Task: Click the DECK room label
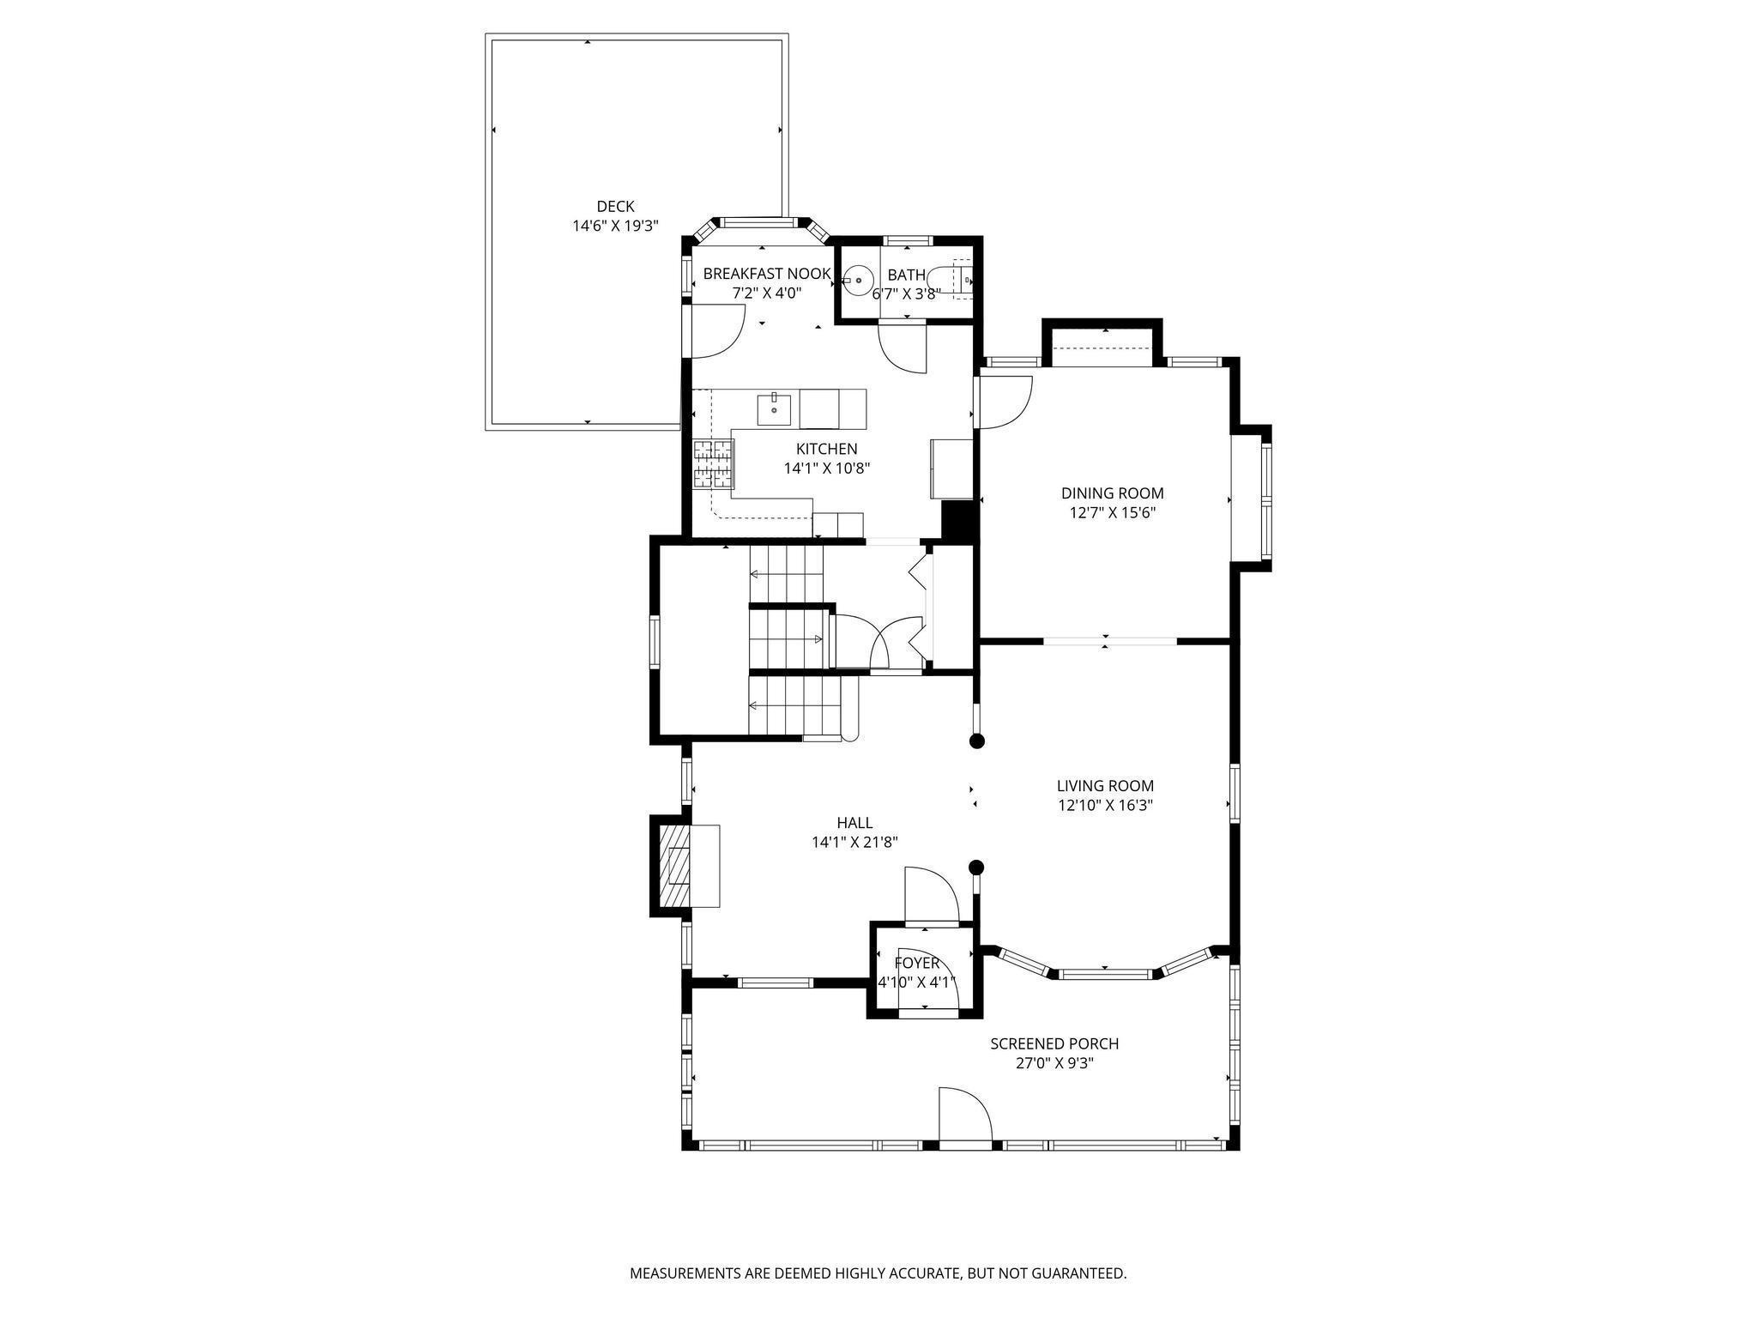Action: (x=615, y=207)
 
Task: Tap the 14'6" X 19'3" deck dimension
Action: (x=615, y=227)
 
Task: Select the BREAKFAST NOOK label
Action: (x=767, y=274)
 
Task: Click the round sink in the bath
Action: (x=856, y=280)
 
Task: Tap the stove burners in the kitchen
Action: (x=714, y=463)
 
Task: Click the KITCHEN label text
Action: (x=826, y=449)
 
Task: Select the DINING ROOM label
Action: (x=1112, y=493)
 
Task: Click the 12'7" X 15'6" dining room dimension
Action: (x=1112, y=513)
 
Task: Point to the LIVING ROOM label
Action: (x=1105, y=786)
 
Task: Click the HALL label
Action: (x=854, y=824)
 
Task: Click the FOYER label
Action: (x=917, y=964)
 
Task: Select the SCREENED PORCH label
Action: (x=1054, y=1044)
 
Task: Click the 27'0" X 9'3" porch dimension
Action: (x=1054, y=1064)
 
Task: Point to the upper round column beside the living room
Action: (x=976, y=741)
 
